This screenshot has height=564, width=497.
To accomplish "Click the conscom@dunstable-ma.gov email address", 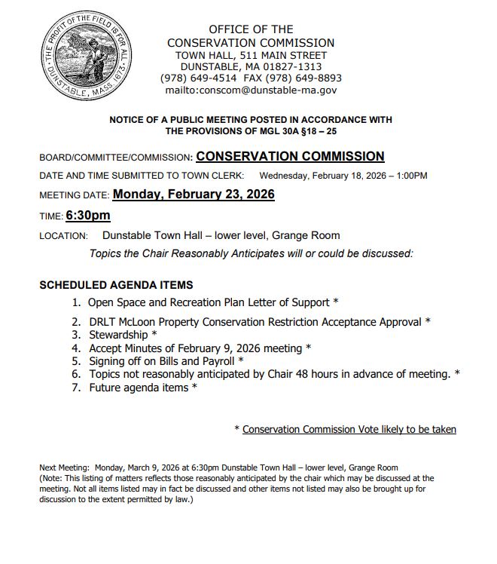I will (x=251, y=90).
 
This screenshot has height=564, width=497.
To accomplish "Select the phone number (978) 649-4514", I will (x=198, y=78).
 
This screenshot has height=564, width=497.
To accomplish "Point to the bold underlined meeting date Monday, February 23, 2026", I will (x=194, y=194).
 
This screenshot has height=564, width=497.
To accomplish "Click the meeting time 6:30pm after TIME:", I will (x=88, y=216).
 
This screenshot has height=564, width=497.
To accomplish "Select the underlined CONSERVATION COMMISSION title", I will (x=290, y=157).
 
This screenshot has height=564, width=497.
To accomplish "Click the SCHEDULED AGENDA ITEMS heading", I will (x=116, y=286).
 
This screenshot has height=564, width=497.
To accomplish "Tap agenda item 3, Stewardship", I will (x=123, y=335).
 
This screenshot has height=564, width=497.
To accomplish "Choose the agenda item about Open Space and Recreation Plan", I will (x=212, y=302).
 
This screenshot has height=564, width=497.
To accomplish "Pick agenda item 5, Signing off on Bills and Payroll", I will (x=166, y=361).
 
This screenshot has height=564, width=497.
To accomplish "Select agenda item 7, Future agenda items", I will (x=143, y=388).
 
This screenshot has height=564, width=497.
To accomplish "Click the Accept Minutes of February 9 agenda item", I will (x=200, y=348).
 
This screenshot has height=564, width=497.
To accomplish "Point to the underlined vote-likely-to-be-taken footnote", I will (x=349, y=429).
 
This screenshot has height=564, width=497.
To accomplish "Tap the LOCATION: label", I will (x=63, y=236).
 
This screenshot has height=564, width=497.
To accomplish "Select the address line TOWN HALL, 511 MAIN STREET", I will (x=251, y=56).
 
